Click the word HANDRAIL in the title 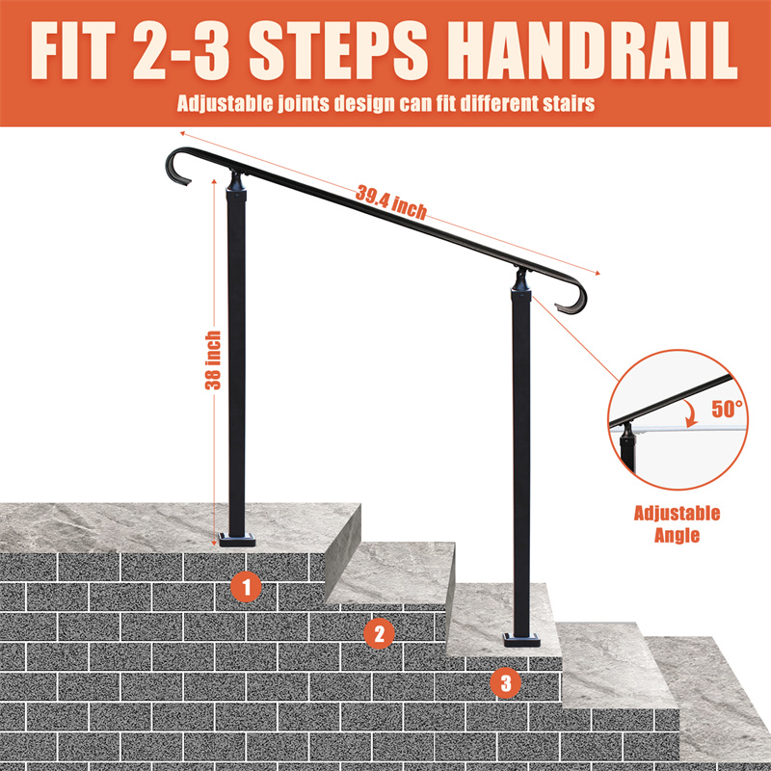593,51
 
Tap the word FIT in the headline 72,51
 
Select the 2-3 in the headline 181,51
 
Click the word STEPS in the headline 338,51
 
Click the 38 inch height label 213,360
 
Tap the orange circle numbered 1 246,587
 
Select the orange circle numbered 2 379,633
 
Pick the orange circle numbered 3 506,682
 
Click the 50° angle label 728,409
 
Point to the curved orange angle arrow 693,413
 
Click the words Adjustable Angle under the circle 677,524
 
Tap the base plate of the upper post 237,540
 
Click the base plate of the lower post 521,640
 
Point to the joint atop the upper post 236,182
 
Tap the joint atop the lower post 521,280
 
